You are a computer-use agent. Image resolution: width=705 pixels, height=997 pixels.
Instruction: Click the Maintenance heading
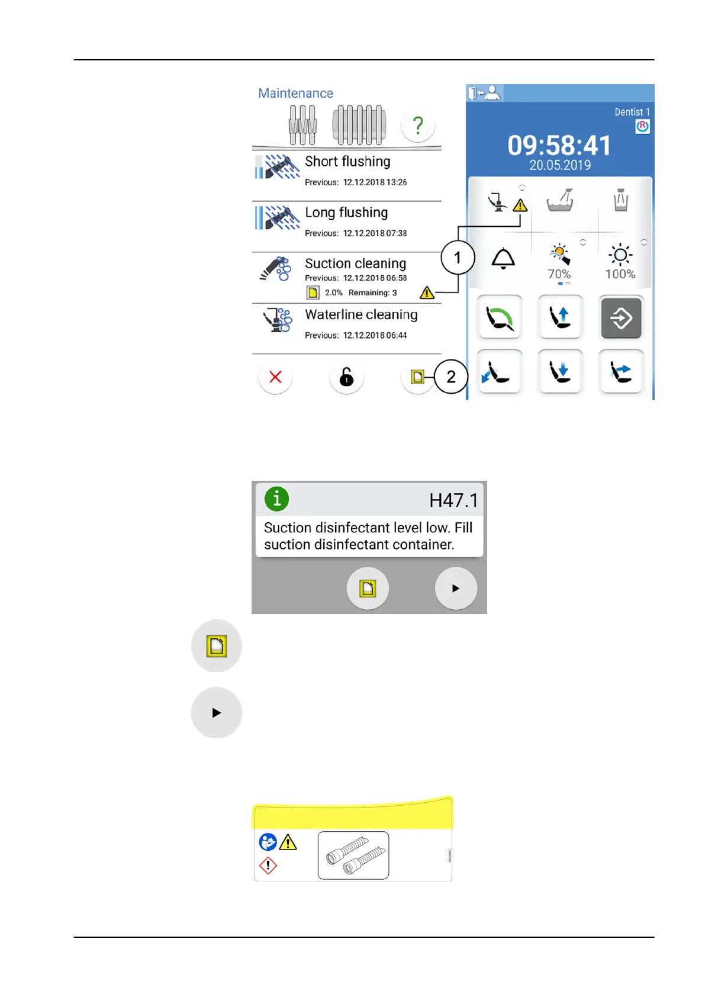click(295, 93)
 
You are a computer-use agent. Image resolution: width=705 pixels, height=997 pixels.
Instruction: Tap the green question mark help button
click(418, 125)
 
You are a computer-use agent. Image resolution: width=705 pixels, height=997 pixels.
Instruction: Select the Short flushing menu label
click(347, 162)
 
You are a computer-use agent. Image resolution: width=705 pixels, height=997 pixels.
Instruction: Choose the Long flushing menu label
click(346, 213)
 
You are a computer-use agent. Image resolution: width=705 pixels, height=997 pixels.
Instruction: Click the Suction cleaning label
click(355, 263)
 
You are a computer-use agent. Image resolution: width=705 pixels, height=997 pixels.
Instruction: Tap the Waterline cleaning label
click(361, 314)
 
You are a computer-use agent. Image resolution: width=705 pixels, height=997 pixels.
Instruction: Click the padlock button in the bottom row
click(346, 377)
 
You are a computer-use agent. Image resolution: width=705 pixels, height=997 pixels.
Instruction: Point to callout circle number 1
click(457, 258)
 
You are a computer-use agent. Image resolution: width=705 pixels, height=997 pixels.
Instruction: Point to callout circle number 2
click(451, 377)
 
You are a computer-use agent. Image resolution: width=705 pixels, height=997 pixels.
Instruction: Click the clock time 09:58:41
click(559, 146)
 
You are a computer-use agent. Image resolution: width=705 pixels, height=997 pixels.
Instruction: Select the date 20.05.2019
click(560, 165)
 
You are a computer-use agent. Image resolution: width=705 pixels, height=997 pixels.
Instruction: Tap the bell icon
click(503, 259)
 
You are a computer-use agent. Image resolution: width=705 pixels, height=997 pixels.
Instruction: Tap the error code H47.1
click(453, 500)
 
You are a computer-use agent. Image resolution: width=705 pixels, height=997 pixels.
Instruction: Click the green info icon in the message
click(276, 498)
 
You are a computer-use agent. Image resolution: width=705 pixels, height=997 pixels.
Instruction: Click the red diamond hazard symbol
click(268, 866)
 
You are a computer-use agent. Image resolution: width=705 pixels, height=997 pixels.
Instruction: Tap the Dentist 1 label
click(632, 112)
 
